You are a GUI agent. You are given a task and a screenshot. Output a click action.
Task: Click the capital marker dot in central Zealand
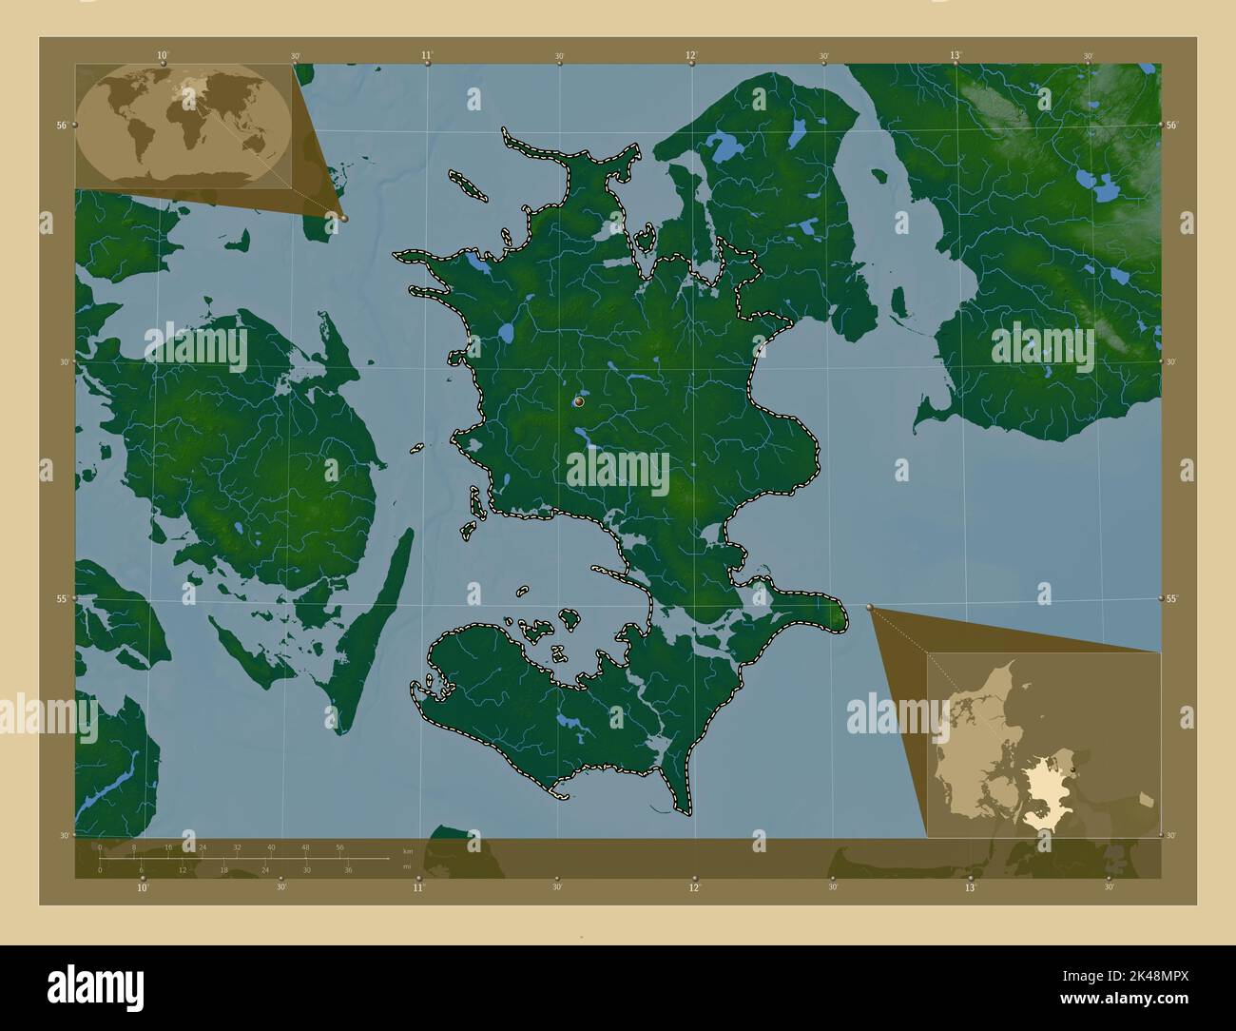579,403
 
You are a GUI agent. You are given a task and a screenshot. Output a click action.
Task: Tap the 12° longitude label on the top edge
691,55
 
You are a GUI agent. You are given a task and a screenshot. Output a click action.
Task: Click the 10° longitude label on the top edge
163,55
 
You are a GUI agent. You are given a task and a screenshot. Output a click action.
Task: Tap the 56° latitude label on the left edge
61,125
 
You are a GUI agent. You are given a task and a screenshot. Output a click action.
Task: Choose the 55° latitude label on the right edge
1171,598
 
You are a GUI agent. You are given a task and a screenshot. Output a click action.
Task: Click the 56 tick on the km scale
339,846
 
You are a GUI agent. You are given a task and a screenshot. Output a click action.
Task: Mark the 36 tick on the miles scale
348,869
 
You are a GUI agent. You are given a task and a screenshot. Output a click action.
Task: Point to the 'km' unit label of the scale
408,851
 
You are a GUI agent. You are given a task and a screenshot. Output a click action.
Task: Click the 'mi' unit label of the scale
407,866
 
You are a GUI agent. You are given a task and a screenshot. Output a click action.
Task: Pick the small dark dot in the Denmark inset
1072,768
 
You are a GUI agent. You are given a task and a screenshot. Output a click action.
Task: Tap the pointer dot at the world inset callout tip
344,218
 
